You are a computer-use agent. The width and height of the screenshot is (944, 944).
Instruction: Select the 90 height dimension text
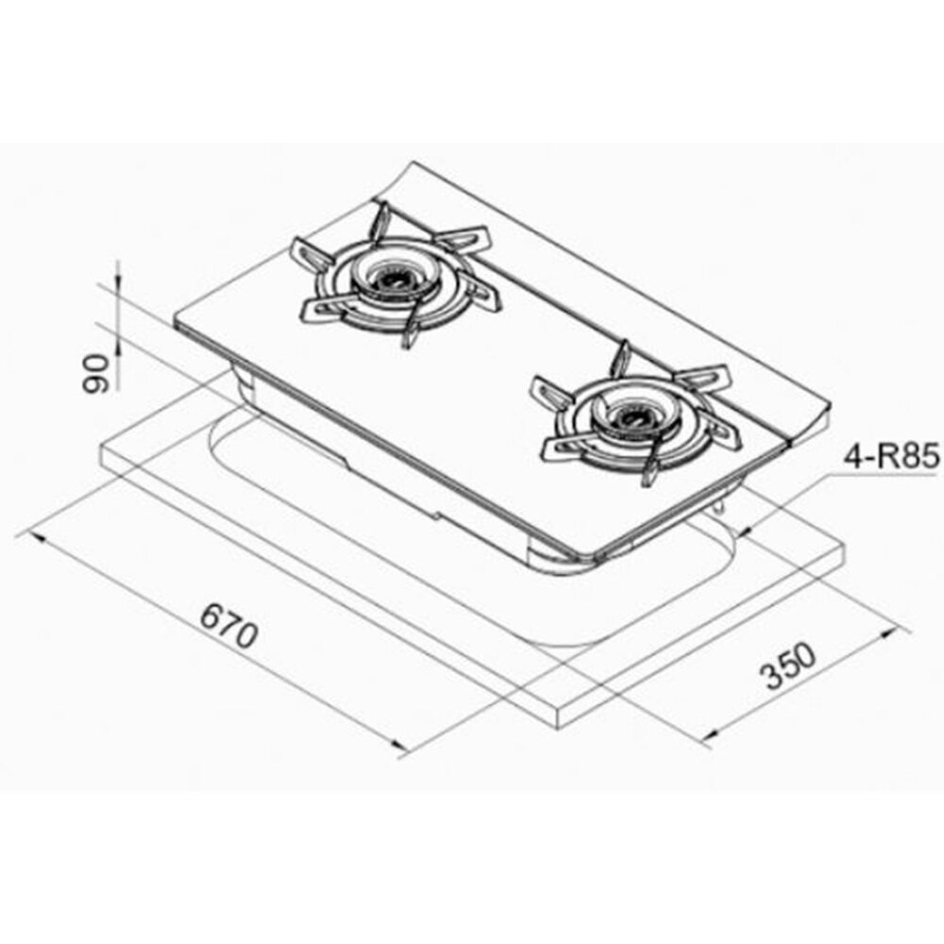click(x=96, y=373)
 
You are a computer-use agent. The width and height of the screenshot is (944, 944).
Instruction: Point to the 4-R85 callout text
click(x=891, y=457)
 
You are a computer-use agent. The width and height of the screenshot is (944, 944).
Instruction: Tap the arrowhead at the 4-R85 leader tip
click(x=746, y=531)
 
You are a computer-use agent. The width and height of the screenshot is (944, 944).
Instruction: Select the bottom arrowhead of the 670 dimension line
click(x=398, y=744)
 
